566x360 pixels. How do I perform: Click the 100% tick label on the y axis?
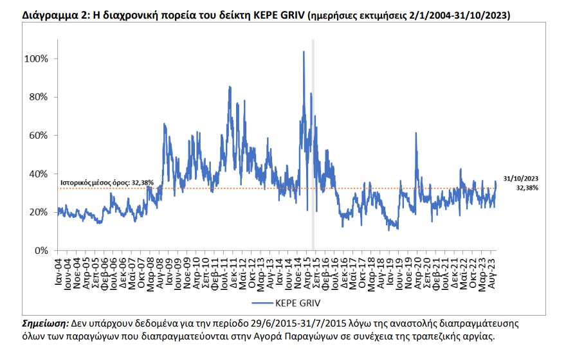[35, 59]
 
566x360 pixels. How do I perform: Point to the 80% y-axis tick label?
[37, 97]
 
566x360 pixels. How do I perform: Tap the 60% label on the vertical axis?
[37, 136]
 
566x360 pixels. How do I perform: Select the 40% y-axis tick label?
[37, 174]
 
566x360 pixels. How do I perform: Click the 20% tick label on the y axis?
[37, 212]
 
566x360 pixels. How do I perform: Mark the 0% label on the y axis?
[40, 251]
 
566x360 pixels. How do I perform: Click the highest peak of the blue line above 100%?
[304, 51]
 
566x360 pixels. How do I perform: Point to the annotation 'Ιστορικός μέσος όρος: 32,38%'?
[106, 183]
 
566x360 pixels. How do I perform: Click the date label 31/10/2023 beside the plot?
[520, 178]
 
